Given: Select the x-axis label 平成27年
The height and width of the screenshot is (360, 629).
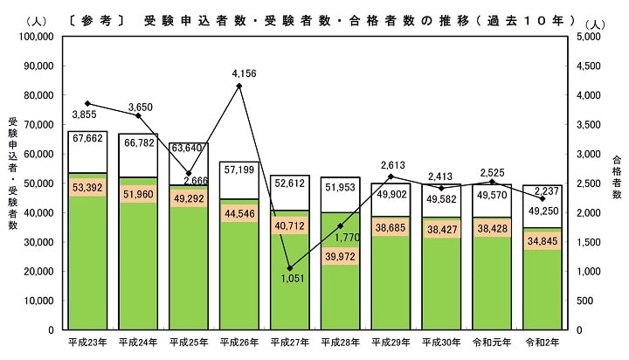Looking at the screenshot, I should tap(289, 341).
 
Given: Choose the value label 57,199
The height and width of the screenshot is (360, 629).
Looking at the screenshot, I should tap(238, 169).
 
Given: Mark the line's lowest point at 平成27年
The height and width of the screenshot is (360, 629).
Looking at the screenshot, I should tap(289, 268).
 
